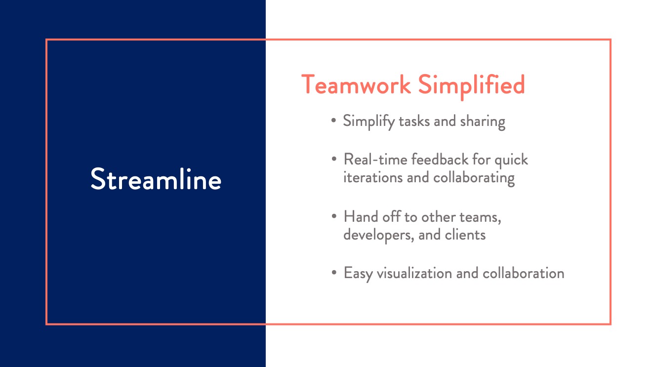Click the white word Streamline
tap(156, 179)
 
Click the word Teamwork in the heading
tap(356, 84)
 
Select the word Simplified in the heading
tap(471, 86)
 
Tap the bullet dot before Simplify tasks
tap(334, 120)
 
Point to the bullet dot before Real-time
tap(334, 159)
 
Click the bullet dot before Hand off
tap(334, 216)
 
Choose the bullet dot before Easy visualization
tap(334, 273)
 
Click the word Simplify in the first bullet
tap(369, 122)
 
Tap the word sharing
tap(482, 122)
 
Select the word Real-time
tap(375, 160)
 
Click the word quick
tap(511, 161)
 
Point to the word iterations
tap(373, 177)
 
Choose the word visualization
tap(414, 273)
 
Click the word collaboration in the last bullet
tap(524, 273)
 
